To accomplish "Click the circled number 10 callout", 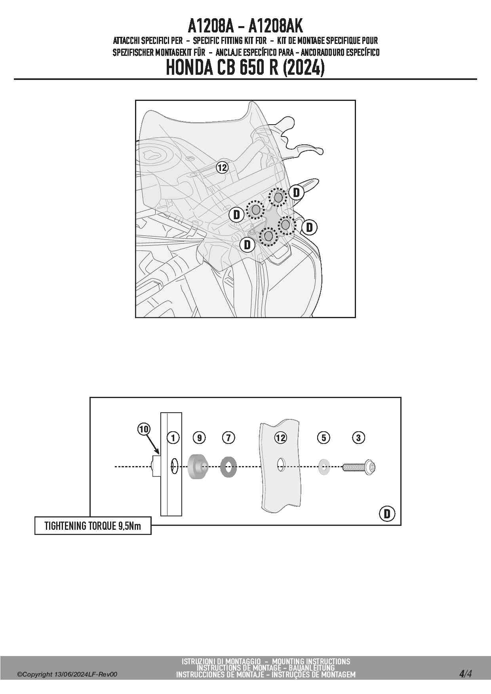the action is click(x=144, y=429).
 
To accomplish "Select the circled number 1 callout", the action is click(x=173, y=438).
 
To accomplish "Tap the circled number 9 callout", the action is click(x=200, y=438).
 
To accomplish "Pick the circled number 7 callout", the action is click(x=228, y=438).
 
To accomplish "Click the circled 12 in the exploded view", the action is click(x=280, y=438).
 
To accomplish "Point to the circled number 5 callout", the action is click(x=324, y=438).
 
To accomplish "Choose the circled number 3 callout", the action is click(x=358, y=438).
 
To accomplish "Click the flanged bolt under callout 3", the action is click(x=359, y=467).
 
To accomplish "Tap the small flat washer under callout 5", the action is click(x=324, y=467).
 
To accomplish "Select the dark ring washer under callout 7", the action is click(x=228, y=467).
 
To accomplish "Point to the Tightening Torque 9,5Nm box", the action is click(x=93, y=526).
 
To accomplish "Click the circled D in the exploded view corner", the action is click(x=387, y=514).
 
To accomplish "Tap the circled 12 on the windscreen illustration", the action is click(x=222, y=168).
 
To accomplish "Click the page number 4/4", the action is click(x=466, y=673).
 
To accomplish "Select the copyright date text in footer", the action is click(x=67, y=675).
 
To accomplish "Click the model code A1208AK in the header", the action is click(x=276, y=26).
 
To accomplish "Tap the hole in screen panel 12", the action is click(x=280, y=465).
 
